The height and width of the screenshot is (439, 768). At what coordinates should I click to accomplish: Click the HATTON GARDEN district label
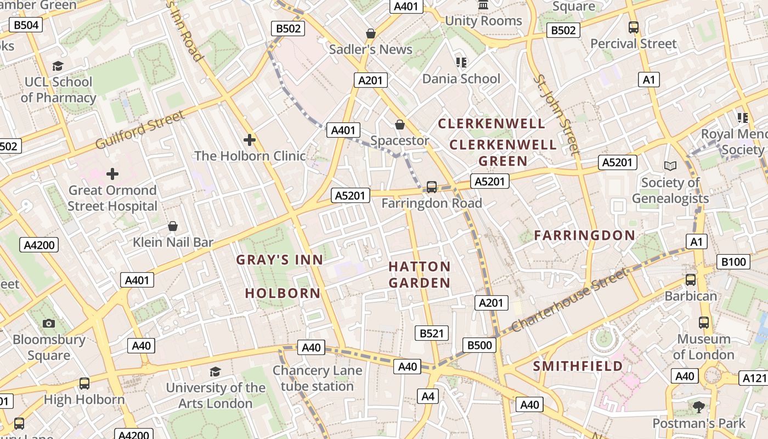click(420, 275)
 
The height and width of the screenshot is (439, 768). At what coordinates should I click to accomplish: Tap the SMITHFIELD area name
click(578, 366)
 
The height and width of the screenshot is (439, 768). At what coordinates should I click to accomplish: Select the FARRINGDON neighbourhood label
click(584, 235)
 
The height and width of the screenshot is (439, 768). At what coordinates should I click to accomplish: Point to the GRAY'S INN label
click(280, 260)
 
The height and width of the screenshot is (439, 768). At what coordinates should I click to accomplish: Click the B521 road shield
click(432, 333)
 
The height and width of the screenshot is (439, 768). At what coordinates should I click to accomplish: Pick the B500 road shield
click(479, 345)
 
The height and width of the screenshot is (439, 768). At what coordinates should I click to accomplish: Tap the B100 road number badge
click(733, 262)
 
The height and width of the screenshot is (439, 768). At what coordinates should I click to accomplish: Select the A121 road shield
click(755, 378)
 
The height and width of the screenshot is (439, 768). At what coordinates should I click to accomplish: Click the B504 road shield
click(26, 25)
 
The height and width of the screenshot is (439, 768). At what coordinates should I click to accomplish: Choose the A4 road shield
click(428, 396)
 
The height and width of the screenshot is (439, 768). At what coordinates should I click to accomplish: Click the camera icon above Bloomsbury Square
click(49, 323)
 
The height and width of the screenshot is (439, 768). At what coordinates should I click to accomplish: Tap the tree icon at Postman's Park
click(698, 407)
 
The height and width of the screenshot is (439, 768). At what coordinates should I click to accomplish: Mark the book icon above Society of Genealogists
click(670, 165)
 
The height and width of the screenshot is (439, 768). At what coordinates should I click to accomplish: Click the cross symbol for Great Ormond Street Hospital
click(112, 175)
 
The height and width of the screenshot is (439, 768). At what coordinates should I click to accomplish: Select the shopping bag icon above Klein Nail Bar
click(173, 226)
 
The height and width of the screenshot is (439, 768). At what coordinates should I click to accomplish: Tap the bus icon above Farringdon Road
click(432, 187)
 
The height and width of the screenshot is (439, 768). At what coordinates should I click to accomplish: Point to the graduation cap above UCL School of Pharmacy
click(58, 66)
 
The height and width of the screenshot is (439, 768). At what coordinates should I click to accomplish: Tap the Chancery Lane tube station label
click(317, 378)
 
